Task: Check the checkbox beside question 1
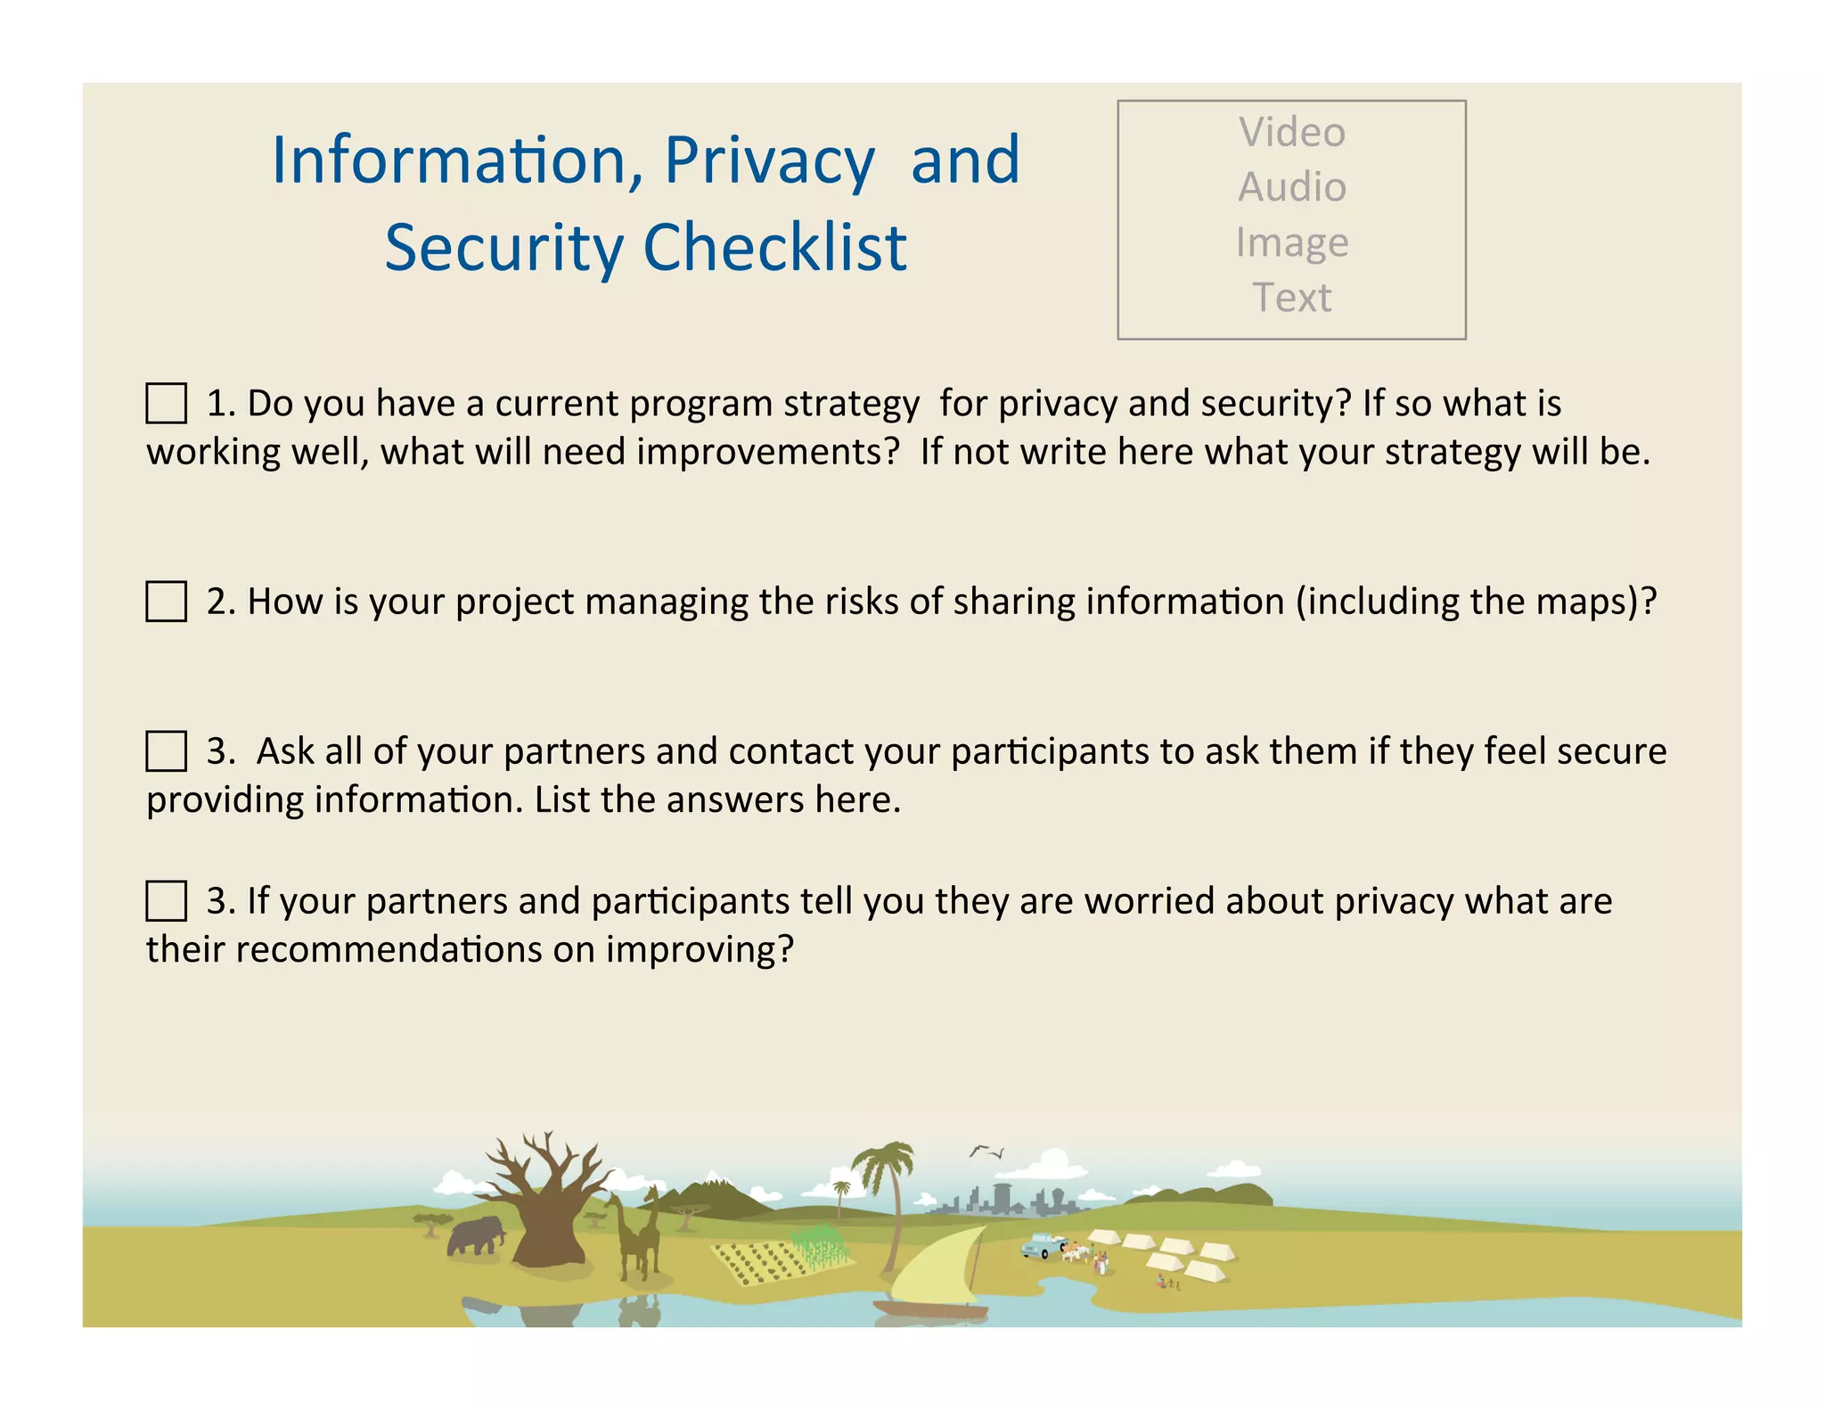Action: click(166, 403)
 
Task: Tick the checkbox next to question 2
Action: click(166, 602)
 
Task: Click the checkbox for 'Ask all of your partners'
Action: click(166, 750)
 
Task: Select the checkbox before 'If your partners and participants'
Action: click(166, 900)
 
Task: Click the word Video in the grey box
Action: click(1291, 132)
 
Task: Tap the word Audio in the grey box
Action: click(1291, 187)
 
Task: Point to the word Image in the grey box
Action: click(1291, 242)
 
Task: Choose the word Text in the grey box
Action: click(1291, 298)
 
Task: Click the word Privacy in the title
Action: click(769, 160)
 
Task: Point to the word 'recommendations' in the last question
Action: click(389, 949)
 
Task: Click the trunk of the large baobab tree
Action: click(550, 1234)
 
